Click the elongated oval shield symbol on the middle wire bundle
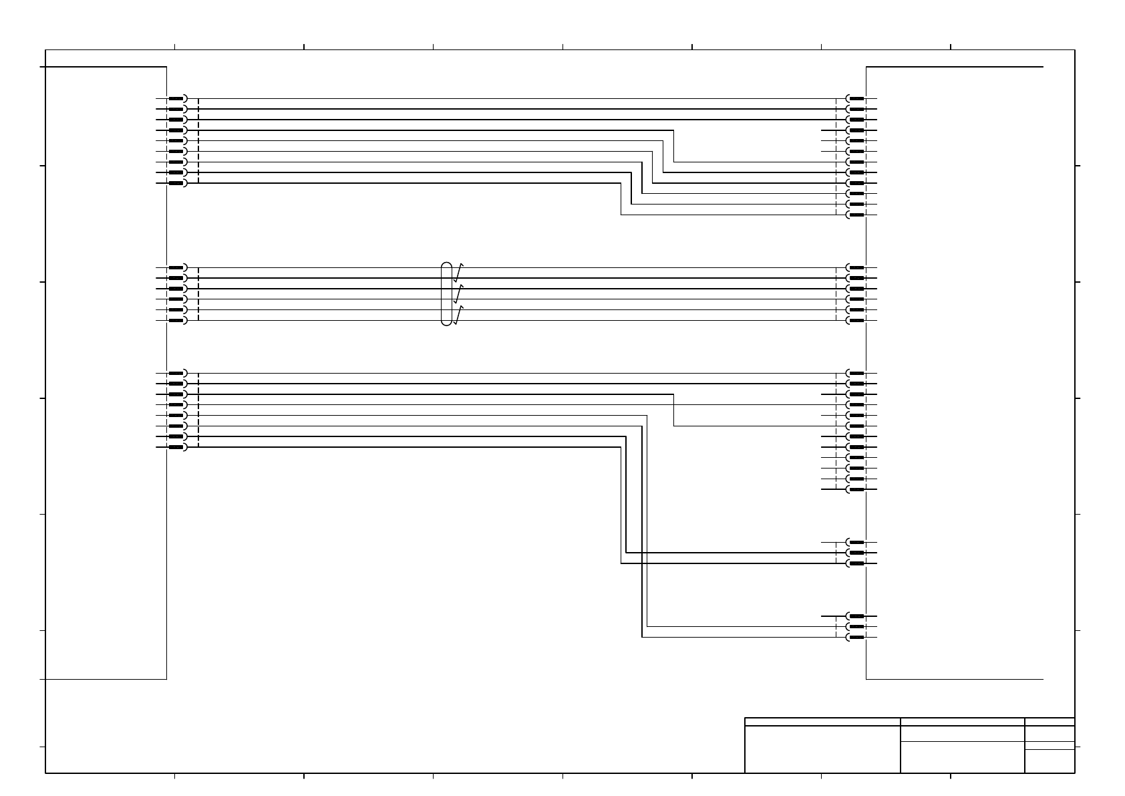446,294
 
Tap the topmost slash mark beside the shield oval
458,273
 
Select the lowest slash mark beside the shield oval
458,315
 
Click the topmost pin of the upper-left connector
177,98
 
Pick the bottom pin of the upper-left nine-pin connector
177,183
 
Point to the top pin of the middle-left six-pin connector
177,267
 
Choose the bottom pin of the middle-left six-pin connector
177,321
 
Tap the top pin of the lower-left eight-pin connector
177,373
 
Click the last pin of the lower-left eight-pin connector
177,447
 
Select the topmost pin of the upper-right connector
856,98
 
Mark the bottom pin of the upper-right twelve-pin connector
856,215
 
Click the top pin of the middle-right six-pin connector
856,267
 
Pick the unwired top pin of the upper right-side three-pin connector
856,542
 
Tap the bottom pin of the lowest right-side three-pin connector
856,637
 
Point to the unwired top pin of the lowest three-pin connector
856,616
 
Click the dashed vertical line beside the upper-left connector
199,140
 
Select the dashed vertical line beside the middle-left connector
199,294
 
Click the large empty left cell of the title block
822,749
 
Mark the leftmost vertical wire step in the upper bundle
621,198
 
